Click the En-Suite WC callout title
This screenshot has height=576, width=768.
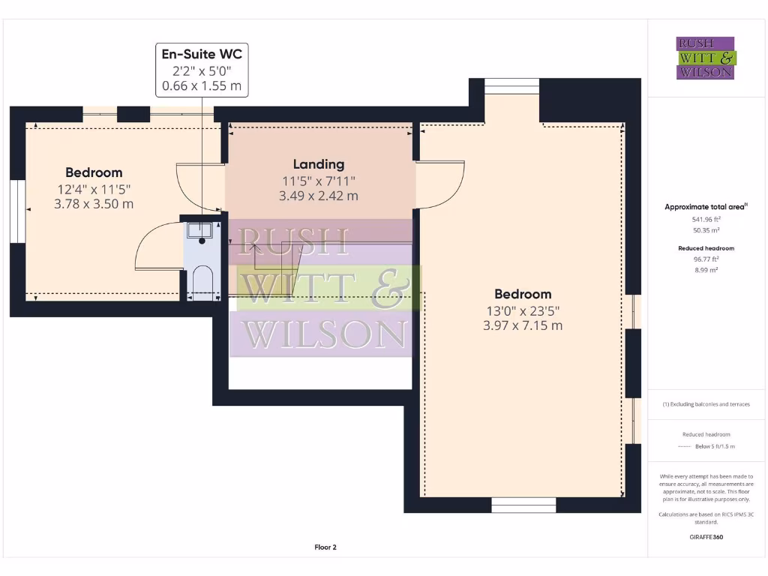[x=201, y=54]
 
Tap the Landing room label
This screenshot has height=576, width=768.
[x=319, y=164]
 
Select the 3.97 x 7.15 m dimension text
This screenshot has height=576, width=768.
[x=523, y=325]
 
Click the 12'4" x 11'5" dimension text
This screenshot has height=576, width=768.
[x=94, y=188]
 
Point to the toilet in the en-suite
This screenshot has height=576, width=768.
[x=202, y=282]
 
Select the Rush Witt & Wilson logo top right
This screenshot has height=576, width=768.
[x=706, y=58]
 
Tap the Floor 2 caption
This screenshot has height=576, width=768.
[x=325, y=547]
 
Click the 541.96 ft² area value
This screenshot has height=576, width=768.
[x=706, y=219]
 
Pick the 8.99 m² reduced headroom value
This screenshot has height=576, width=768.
[x=706, y=269]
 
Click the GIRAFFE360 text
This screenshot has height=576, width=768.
[x=706, y=537]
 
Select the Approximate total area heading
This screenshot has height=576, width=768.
[x=706, y=207]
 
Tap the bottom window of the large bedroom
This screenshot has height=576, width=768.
[x=523, y=505]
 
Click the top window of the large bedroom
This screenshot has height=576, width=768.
[x=511, y=86]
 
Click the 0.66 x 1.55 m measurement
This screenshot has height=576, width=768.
[x=201, y=86]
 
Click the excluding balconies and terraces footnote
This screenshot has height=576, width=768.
[x=706, y=404]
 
